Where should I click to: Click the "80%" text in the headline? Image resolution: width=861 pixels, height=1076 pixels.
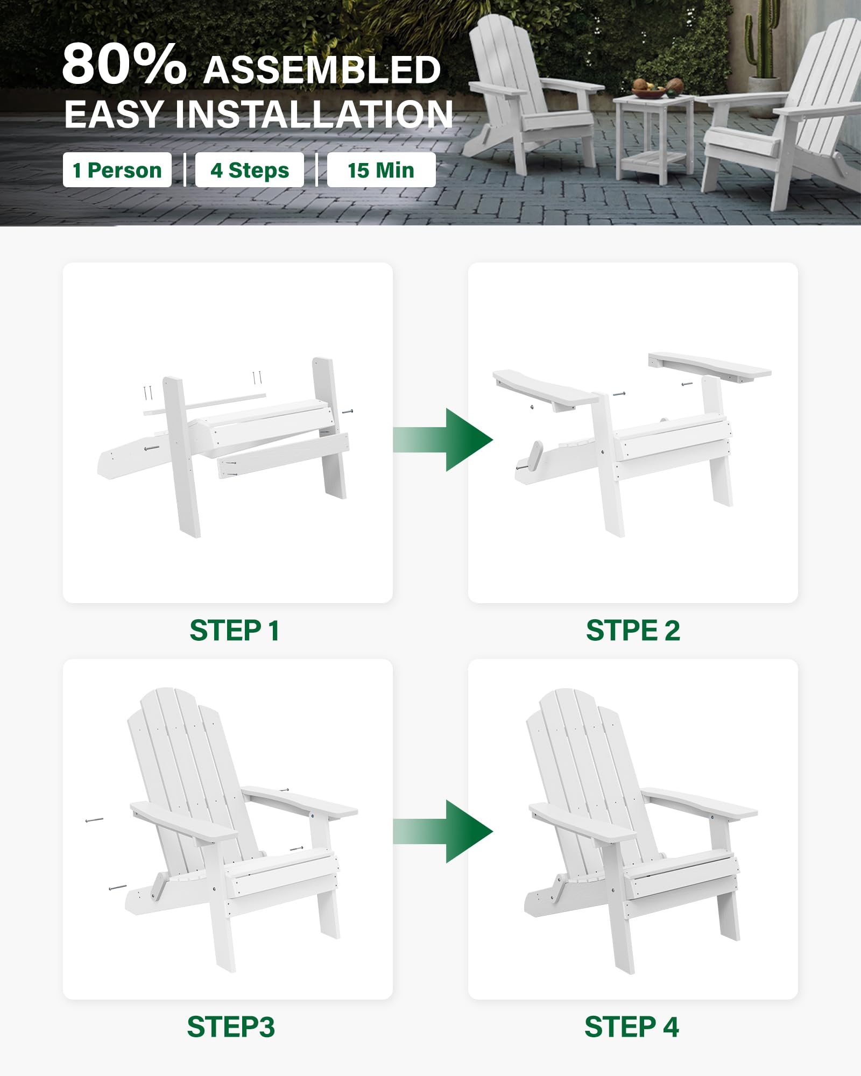[124, 64]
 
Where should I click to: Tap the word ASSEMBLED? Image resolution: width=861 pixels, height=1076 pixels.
[322, 70]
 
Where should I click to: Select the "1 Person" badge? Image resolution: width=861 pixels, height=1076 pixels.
[117, 170]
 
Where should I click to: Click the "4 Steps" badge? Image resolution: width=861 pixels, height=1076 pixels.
[250, 170]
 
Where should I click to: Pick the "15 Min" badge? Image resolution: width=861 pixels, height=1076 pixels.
[381, 170]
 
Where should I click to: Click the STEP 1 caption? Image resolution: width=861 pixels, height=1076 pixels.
[234, 631]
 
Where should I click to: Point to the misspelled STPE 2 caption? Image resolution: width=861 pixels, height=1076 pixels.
[633, 631]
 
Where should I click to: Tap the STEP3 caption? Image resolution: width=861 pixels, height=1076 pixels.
[231, 1027]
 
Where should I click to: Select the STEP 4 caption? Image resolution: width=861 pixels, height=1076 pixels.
[632, 1027]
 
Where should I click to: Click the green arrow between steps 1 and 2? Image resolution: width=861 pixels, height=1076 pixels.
[443, 440]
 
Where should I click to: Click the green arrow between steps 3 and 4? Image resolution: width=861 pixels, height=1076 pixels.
[443, 831]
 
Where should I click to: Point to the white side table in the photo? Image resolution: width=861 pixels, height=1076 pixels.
[653, 138]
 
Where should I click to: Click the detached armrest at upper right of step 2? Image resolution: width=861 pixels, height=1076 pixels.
[709, 367]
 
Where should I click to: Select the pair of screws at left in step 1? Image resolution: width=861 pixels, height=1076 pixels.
[148, 393]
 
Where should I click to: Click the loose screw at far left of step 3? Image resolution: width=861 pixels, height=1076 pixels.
[94, 820]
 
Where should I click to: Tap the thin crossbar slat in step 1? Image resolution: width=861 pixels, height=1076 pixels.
[204, 403]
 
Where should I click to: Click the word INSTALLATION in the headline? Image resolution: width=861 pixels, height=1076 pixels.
[314, 114]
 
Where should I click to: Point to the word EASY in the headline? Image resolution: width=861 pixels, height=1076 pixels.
[114, 114]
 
